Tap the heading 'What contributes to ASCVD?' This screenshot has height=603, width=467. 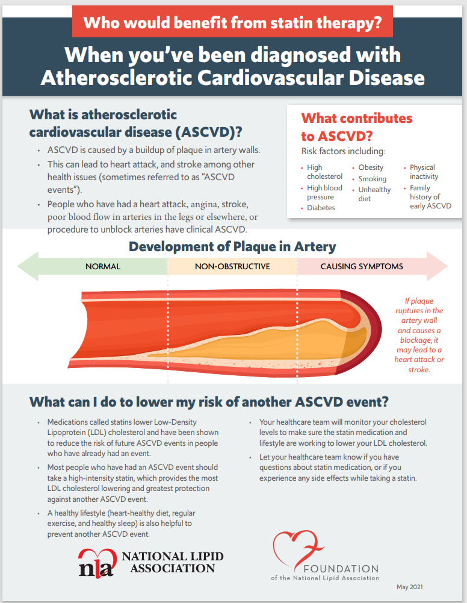point(356,127)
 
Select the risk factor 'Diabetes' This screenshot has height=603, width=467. point(321,208)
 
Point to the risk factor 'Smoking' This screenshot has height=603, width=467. point(372,179)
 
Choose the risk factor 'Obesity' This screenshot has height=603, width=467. point(371,167)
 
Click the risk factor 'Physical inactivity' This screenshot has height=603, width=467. point(424,172)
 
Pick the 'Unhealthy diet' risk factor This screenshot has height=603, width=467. point(374,194)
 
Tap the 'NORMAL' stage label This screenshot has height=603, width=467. point(103,266)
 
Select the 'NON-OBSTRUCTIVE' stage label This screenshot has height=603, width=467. point(232,266)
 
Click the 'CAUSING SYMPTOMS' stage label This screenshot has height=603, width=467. point(362,266)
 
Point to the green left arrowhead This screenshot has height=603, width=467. point(28,266)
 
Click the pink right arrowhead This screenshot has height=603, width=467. point(438,266)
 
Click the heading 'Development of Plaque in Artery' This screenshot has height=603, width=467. point(232,246)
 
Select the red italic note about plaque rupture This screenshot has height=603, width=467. point(419,335)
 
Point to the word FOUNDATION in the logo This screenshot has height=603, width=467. point(340,569)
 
